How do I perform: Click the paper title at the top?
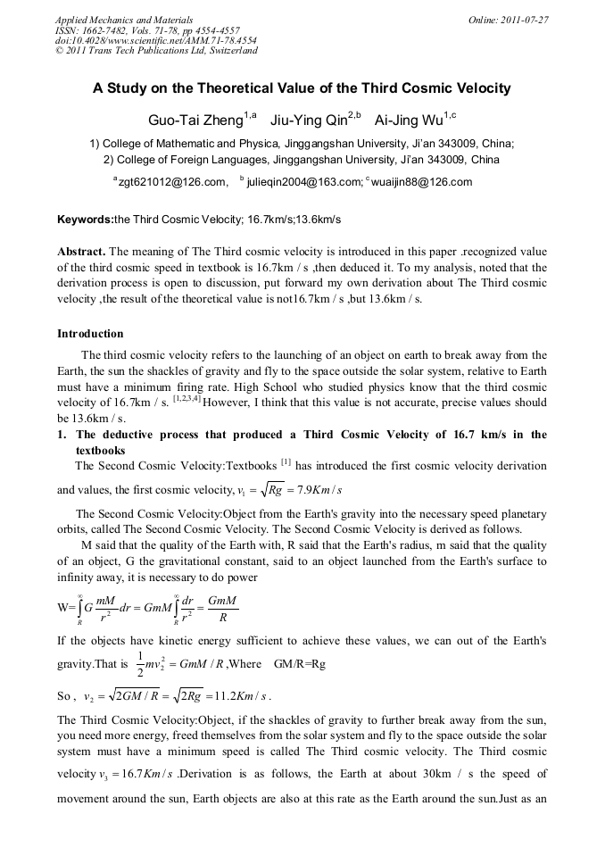pos(302,88)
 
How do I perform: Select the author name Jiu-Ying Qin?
pos(309,119)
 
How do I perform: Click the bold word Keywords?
pos(85,219)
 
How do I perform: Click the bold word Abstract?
pos(82,252)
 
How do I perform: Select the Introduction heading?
pos(90,334)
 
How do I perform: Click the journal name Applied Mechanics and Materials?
pos(123,20)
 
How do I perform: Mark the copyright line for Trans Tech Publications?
pos(156,51)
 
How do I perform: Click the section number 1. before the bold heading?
pos(63,435)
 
